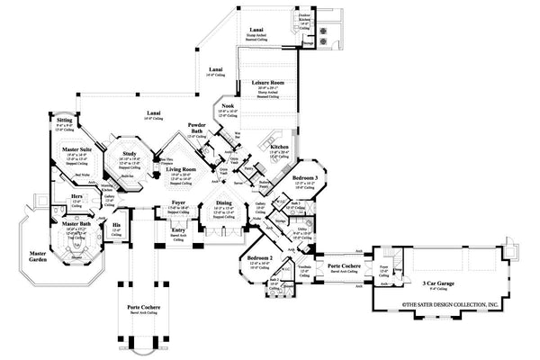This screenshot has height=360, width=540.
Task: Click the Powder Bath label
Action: tap(198, 126)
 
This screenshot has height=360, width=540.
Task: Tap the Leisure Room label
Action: tap(266, 82)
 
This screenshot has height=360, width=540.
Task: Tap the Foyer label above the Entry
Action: tap(179, 204)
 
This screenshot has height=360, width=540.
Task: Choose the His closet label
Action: tap(115, 226)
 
